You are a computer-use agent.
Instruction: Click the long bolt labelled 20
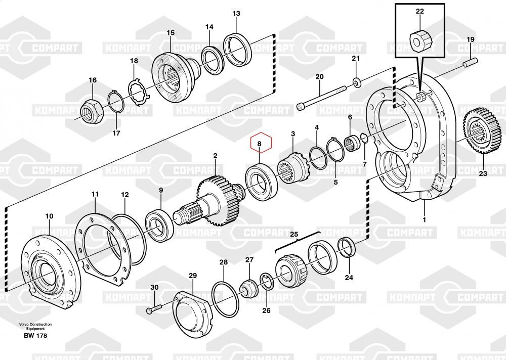[x=321, y=96]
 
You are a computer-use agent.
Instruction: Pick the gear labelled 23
[x=482, y=130]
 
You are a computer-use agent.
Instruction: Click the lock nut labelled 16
[x=92, y=111]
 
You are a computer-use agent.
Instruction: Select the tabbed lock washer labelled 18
[x=139, y=92]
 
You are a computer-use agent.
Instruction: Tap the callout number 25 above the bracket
[x=294, y=234]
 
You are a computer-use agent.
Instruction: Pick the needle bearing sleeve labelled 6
[x=353, y=143]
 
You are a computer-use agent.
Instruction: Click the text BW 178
[x=35, y=336]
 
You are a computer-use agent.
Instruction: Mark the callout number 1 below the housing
[x=425, y=219]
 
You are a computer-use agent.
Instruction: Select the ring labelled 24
[x=347, y=247]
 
